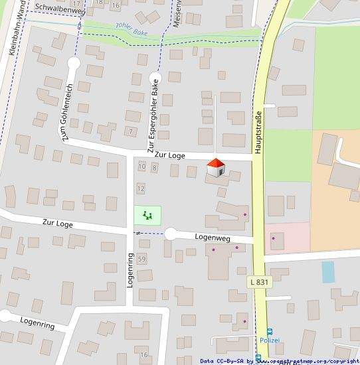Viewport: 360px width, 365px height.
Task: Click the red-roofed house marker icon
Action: (x=215, y=167)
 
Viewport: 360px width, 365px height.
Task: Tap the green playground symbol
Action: (x=147, y=215)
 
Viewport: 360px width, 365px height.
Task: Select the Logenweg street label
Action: (x=212, y=237)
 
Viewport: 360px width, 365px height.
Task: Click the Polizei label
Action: (x=288, y=340)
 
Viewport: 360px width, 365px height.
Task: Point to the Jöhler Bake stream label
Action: (x=131, y=29)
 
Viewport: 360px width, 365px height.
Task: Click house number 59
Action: (x=141, y=258)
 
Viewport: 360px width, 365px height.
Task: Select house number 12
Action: (x=140, y=188)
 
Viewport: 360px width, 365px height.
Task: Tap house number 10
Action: (x=141, y=167)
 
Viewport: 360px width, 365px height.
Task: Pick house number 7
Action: (x=131, y=131)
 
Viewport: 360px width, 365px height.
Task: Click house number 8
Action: (x=154, y=167)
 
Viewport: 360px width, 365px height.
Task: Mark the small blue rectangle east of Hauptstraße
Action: (x=327, y=271)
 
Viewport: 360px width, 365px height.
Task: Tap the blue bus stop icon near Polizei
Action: (x=270, y=332)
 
